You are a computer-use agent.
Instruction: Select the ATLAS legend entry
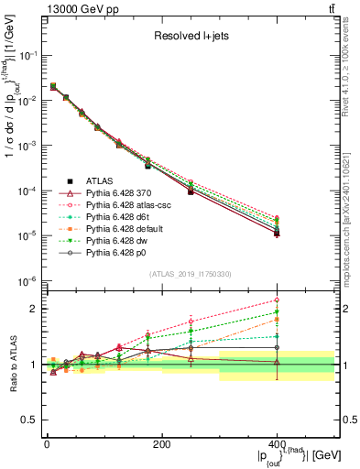pyautogui.click(x=100, y=181)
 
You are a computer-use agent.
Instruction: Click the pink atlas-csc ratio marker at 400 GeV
pyautogui.click(x=277, y=300)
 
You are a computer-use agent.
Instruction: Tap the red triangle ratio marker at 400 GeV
pyautogui.click(x=277, y=363)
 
